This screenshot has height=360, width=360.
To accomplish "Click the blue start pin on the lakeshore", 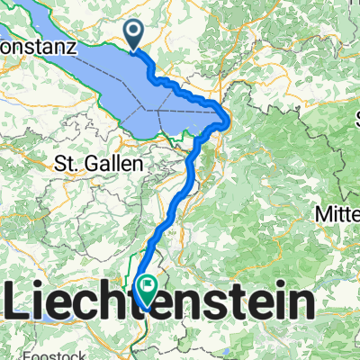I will coord(135,35).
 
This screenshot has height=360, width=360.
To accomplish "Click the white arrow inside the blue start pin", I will coord(135,33).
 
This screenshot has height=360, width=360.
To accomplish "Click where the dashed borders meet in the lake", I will coord(156,108).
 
